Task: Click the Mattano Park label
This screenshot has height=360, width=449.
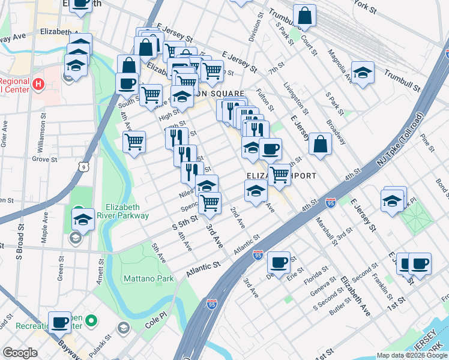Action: coord(148,278)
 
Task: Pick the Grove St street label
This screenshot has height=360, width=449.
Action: coord(44,160)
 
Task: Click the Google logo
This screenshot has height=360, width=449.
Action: coord(20,353)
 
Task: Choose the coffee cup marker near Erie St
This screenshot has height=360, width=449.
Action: coord(279,262)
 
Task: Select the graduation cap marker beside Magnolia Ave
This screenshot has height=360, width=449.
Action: coord(363,73)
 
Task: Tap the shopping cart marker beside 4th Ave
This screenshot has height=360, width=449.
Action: coord(134,142)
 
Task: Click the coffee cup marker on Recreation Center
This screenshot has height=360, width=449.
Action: coord(59,322)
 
